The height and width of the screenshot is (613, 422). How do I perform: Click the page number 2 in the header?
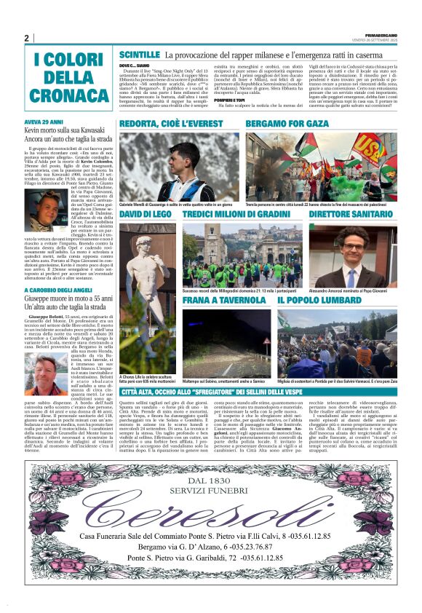(x=27, y=39)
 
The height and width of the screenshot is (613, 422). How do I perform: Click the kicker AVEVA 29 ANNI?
(x=44, y=122)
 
